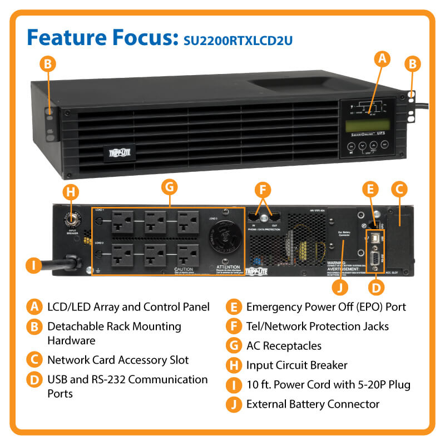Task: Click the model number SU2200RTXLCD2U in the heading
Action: (238, 39)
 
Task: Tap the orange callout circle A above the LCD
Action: (381, 57)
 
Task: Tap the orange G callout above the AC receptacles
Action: (171, 187)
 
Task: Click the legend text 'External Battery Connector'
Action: (313, 404)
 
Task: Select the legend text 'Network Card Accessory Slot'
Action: (118, 360)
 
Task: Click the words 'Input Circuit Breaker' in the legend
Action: (296, 365)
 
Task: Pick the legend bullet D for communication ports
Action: (34, 380)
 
